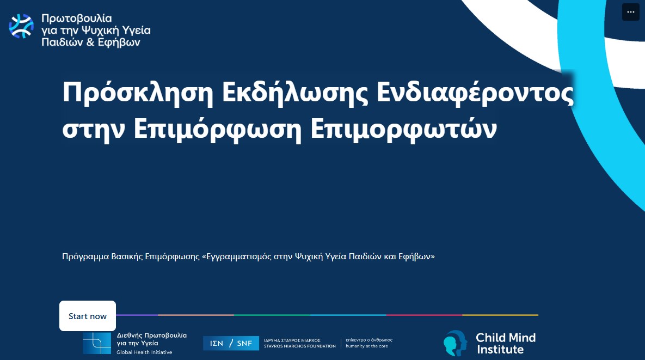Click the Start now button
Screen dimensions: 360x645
(88, 316)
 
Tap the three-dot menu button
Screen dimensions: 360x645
(631, 12)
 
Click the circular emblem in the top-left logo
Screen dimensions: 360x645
(21, 26)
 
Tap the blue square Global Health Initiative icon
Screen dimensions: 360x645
(97, 343)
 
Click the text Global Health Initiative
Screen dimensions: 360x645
(144, 352)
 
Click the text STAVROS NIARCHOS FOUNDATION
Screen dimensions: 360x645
(300, 346)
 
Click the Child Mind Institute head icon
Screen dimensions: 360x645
(455, 343)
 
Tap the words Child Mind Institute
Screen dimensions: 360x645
(506, 343)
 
